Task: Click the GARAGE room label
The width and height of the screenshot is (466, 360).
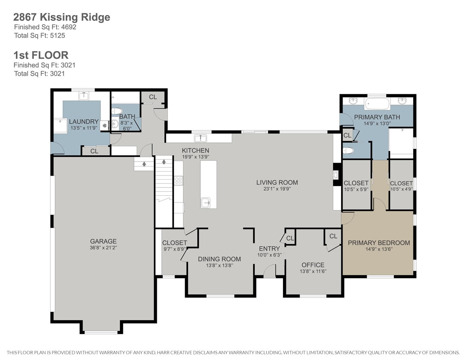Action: pos(103,241)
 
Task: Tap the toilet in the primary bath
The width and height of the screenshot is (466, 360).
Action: pos(348,151)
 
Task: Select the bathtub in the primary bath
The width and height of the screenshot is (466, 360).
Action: pos(377,104)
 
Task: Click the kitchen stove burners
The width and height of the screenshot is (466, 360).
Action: pos(179,180)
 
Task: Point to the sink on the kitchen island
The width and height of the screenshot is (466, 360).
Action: pos(206,203)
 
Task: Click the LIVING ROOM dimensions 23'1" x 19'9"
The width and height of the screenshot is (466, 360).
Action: pos(277,189)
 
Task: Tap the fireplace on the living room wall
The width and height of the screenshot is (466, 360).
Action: pos(335,175)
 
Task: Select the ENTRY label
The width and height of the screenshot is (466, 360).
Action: pos(269,249)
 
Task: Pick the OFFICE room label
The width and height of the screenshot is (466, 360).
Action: pos(313,265)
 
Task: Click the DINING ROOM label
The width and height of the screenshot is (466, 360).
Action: pos(219,259)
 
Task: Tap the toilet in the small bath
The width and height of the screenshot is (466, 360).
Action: pos(117,111)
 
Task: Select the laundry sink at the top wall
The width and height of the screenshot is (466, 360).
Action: pos(84,96)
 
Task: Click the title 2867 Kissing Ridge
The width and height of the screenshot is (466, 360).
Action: pos(62,17)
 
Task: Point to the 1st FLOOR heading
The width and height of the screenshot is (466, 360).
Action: pos(41,55)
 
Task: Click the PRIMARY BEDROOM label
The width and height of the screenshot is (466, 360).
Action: pos(379,243)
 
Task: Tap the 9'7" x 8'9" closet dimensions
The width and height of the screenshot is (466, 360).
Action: pos(174,249)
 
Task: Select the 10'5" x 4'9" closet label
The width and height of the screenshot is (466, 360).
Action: pos(401,186)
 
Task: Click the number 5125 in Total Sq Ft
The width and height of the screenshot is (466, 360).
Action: pos(57,35)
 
